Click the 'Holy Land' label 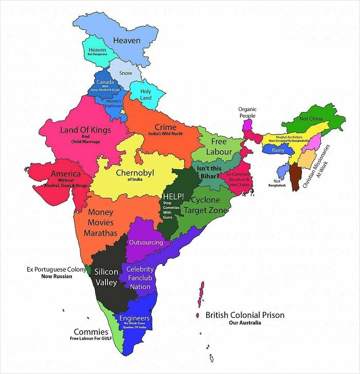pyautogui.click(x=146, y=94)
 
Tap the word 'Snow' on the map pyautogui.click(x=125, y=73)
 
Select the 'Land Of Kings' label pyautogui.click(x=85, y=130)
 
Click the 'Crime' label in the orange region pyautogui.click(x=165, y=127)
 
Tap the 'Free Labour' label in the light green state pyautogui.click(x=219, y=147)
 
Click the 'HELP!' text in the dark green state pyautogui.click(x=173, y=197)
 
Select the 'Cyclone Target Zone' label pyautogui.click(x=205, y=205)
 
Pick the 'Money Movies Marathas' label pyautogui.click(x=101, y=222)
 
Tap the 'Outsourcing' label pyautogui.click(x=146, y=242)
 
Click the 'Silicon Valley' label pyautogui.click(x=106, y=276)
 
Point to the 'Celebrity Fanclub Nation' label pyautogui.click(x=140, y=278)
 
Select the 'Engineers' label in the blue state pyautogui.click(x=134, y=318)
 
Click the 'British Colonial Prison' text pyautogui.click(x=245, y=315)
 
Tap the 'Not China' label pyautogui.click(x=311, y=119)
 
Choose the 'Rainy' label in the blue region pyautogui.click(x=278, y=150)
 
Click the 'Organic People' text pyautogui.click(x=247, y=112)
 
